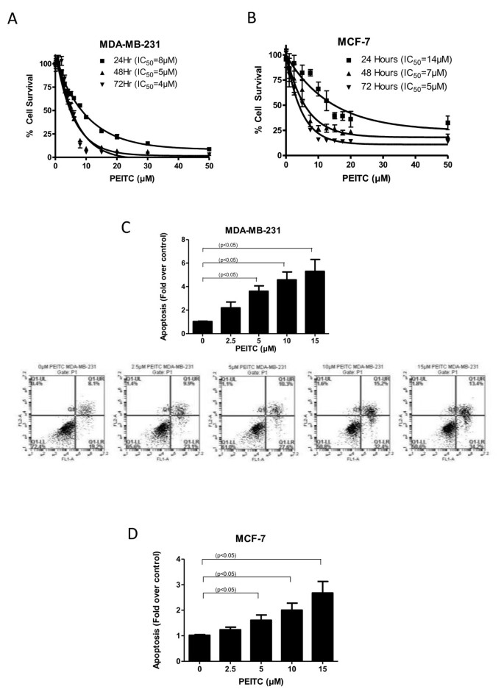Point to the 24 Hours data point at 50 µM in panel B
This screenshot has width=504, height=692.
[447, 123]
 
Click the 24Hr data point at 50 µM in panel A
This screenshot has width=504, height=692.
[210, 149]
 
